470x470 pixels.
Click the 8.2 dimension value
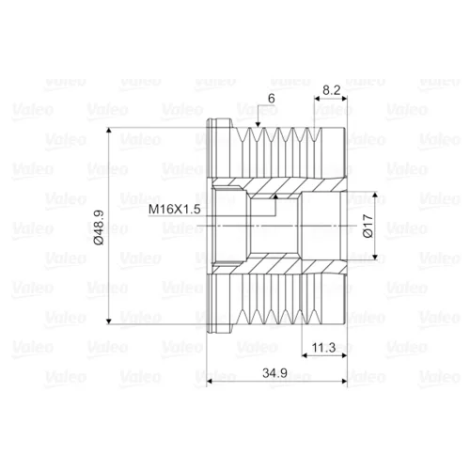tap(331, 90)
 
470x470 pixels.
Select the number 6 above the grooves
tap(272, 99)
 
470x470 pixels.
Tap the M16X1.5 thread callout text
tap(174, 209)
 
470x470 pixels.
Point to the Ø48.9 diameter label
tap(99, 227)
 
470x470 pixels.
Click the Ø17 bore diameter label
tap(368, 226)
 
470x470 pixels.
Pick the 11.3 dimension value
tap(323, 348)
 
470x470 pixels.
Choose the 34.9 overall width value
tap(274, 373)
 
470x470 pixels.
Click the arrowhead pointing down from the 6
tap(258, 125)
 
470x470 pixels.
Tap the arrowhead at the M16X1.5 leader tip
tap(275, 196)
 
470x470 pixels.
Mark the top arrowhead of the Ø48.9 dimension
tap(109, 131)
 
